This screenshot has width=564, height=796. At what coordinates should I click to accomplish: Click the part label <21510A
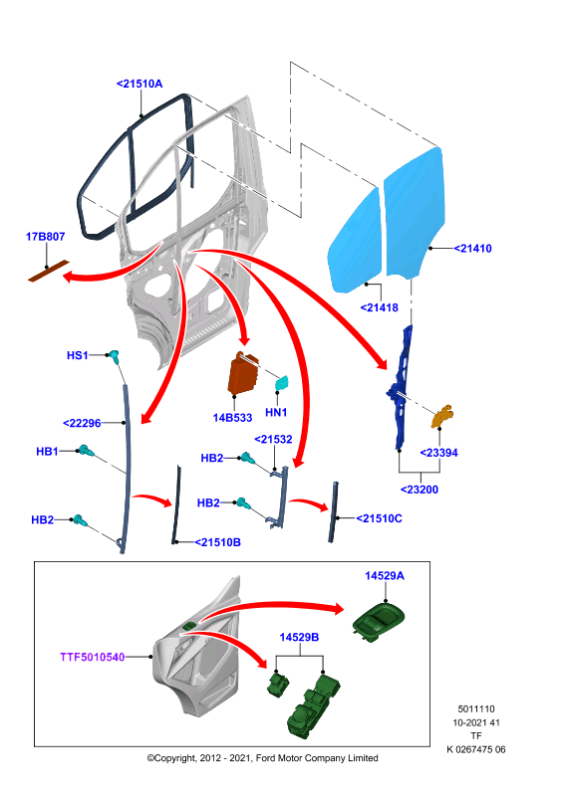tap(140, 84)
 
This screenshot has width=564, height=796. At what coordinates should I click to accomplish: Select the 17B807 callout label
tap(45, 237)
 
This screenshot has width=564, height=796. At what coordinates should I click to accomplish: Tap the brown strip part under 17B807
tap(48, 271)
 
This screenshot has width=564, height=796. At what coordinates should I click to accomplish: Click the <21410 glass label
tap(472, 248)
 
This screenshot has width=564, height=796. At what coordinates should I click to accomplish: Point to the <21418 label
tap(380, 307)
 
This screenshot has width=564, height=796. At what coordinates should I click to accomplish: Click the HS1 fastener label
tap(78, 355)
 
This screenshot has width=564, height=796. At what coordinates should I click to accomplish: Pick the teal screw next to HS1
tap(114, 356)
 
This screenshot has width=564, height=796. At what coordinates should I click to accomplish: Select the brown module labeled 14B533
tap(243, 374)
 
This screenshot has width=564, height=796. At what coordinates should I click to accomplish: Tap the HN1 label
tap(276, 412)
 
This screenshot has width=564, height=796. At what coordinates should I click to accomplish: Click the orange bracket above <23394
tap(442, 416)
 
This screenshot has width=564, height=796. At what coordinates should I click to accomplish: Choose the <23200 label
tap(420, 490)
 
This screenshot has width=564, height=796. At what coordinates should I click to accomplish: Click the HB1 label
tap(47, 452)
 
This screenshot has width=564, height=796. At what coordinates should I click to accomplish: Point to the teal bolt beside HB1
tap(85, 451)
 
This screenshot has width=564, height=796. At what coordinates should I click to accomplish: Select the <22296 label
tap(82, 423)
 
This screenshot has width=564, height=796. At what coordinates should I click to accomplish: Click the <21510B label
tap(217, 542)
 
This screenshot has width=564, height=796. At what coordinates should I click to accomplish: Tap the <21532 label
tap(273, 439)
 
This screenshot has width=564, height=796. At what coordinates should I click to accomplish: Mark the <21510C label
tap(379, 518)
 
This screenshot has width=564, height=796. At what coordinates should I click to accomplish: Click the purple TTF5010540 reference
tap(93, 657)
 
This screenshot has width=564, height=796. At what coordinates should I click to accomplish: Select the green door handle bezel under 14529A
tap(379, 621)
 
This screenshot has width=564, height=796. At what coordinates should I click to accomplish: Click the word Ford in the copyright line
tap(266, 758)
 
